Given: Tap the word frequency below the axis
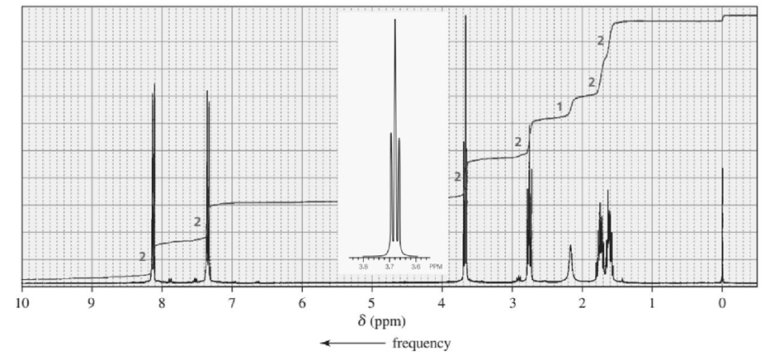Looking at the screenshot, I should point(422,343).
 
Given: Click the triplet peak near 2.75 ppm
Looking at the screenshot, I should point(529,223).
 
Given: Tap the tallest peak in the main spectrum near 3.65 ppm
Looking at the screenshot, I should point(466,124).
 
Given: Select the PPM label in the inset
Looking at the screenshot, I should point(437,266).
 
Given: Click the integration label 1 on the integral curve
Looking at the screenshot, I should point(559,106).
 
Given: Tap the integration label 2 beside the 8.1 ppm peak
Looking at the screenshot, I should point(143,257).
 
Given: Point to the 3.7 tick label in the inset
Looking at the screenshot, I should point(389,266).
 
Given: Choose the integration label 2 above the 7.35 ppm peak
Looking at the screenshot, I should point(197,221).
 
